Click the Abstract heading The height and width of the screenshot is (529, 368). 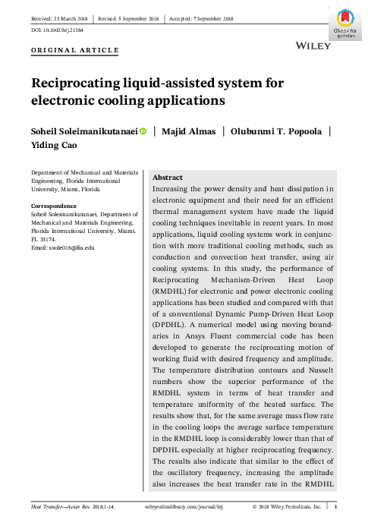click(170, 176)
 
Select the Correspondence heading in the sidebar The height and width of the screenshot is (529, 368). click(53, 206)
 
